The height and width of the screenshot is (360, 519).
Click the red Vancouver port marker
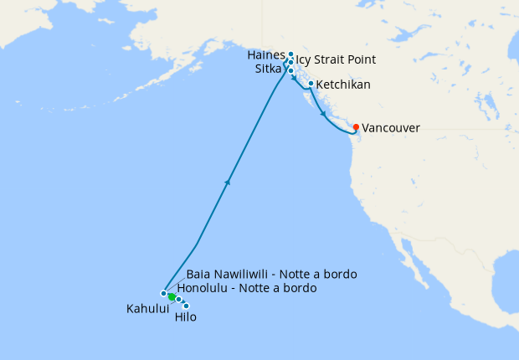coord(357,127)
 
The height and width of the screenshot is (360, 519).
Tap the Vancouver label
coord(391,128)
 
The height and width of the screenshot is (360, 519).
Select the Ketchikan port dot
coord(311,84)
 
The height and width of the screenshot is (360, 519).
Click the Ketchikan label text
coord(343,85)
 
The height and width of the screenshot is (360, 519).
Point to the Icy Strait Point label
coord(336,59)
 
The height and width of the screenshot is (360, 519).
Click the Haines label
coord(267,54)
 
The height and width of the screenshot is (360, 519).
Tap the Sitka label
coord(269,69)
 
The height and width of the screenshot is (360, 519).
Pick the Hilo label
coord(186,317)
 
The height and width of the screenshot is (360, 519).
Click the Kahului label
coord(147,309)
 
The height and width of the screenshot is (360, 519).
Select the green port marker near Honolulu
coord(171,296)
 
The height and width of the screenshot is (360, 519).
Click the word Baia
coord(199,274)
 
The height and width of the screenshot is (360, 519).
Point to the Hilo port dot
coord(186,306)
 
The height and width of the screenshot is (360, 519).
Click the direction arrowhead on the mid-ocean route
coord(228,181)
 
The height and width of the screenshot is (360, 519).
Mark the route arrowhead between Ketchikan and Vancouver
coord(323,113)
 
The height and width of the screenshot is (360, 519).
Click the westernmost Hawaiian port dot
coord(164,293)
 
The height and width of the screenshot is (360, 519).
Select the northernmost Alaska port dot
coord(290,54)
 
